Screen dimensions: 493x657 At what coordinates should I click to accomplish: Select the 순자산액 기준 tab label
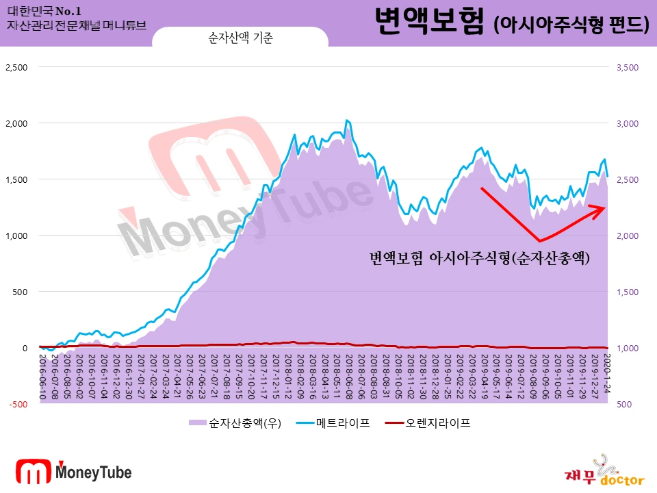tap(240, 38)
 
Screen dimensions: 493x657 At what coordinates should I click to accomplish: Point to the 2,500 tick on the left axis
tap(16, 67)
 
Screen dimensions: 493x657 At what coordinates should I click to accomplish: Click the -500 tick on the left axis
tap(18, 404)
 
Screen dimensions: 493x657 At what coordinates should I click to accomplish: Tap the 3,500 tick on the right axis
tap(627, 67)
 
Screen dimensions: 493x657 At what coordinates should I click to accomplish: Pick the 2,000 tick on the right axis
tap(627, 236)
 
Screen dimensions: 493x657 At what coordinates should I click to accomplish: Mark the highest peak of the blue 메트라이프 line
tap(346, 121)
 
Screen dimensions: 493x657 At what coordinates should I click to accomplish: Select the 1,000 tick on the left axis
tap(16, 236)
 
